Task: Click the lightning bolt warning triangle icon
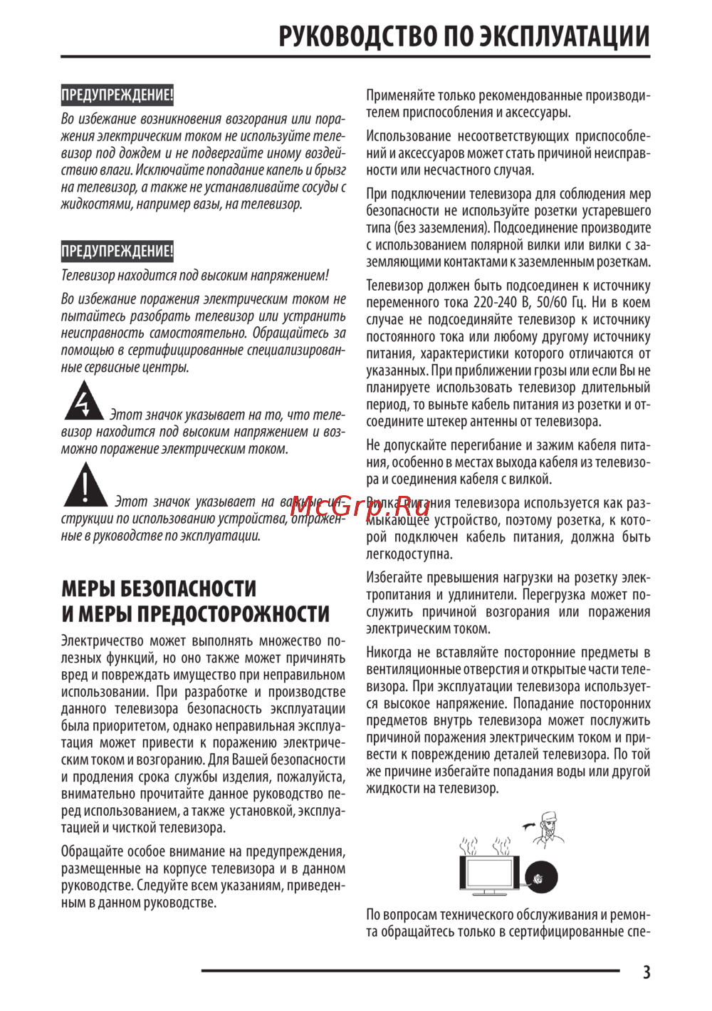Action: [84, 402]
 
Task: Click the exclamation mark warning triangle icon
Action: [85, 486]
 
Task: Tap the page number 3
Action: [646, 973]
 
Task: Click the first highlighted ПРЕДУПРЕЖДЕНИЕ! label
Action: [117, 95]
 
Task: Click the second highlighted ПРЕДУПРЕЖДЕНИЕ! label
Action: [117, 251]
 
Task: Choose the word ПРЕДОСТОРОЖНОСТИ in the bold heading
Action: [233, 614]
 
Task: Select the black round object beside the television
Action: [541, 877]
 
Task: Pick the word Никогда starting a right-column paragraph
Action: [389, 653]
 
